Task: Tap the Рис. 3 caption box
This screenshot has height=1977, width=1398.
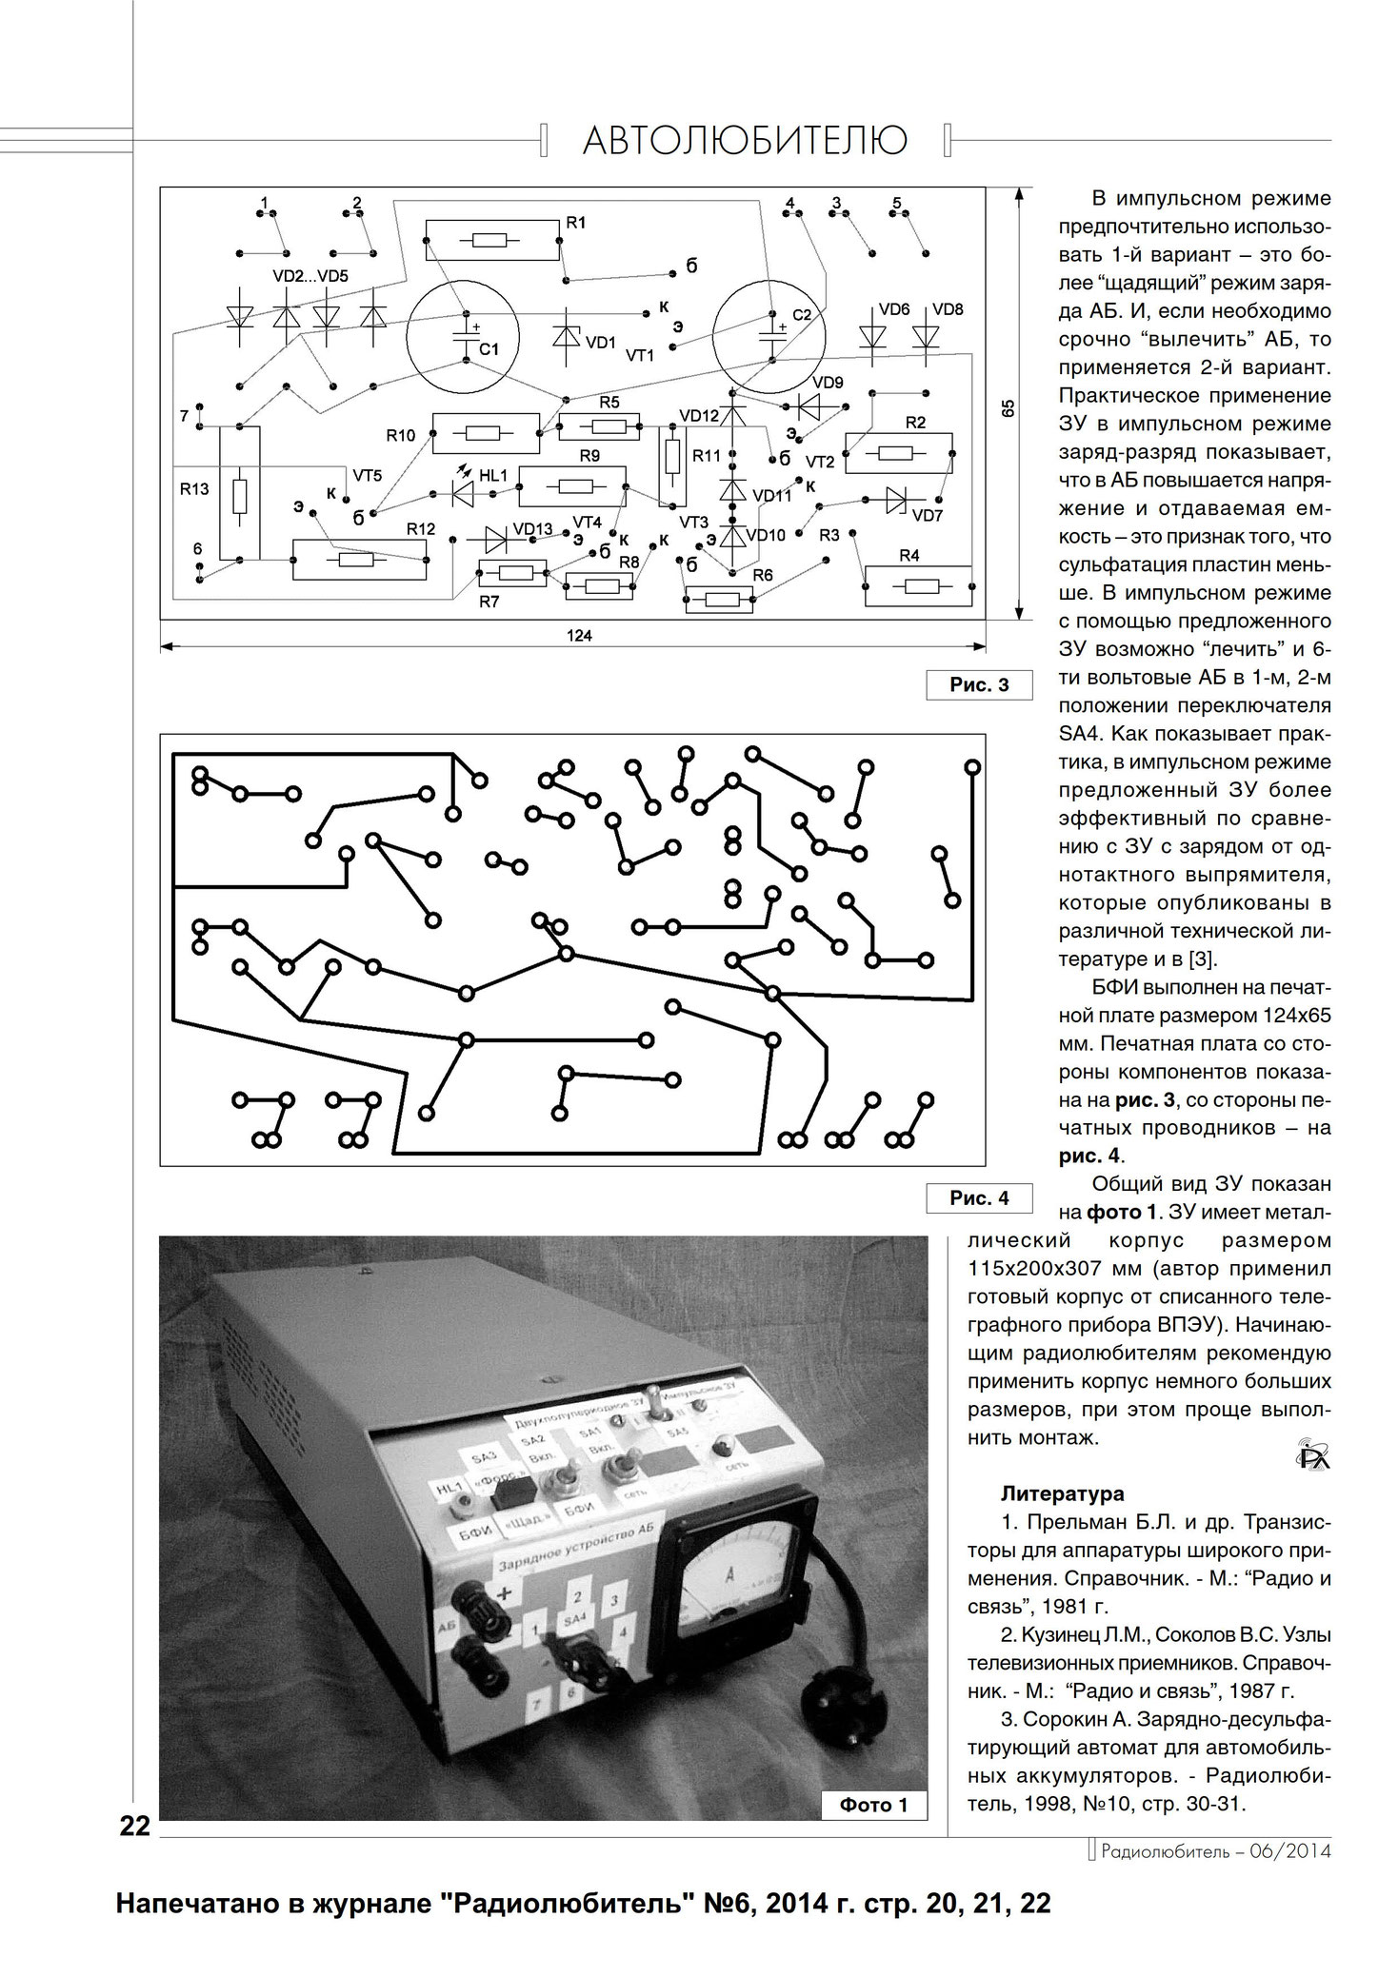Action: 979,685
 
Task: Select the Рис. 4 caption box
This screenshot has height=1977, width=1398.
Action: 979,1198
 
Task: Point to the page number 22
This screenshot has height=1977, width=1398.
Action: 135,1826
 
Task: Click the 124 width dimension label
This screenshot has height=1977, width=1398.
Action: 579,636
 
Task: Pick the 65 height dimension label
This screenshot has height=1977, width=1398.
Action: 1008,407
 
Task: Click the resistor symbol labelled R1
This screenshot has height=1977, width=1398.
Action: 491,240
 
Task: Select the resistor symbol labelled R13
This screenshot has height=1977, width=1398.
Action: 239,494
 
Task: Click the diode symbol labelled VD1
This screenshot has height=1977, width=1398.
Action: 568,338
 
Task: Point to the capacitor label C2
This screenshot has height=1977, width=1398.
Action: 802,315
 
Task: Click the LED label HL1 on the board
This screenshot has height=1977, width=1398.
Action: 493,474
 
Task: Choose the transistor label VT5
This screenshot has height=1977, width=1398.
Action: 368,475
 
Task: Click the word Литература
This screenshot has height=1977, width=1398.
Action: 1062,1493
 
